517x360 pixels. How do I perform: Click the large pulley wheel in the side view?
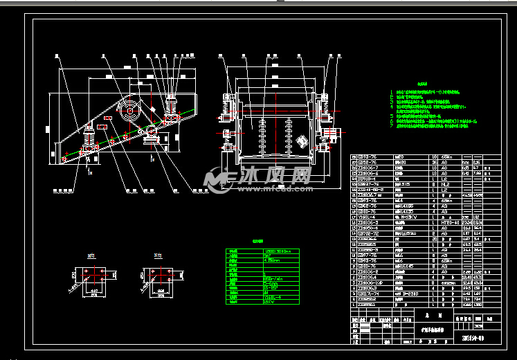click(x=127, y=108)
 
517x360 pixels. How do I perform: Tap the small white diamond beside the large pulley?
click(x=150, y=108)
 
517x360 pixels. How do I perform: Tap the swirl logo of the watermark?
click(x=220, y=180)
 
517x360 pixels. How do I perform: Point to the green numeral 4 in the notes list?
click(x=392, y=106)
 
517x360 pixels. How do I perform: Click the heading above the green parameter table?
click(x=257, y=242)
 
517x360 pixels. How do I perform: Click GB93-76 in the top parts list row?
click(x=367, y=157)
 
